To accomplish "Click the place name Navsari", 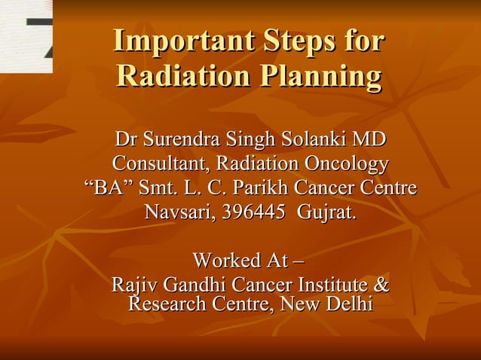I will click(179, 212).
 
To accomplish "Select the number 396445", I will click(255, 212).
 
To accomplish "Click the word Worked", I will click(223, 261).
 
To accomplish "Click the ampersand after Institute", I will click(381, 286).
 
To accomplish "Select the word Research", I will click(166, 304).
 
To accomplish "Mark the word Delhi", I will click(348, 304).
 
